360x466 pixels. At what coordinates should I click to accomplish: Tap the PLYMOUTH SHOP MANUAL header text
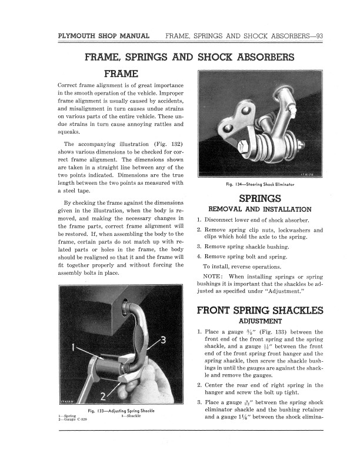pyautogui.click(x=104, y=36)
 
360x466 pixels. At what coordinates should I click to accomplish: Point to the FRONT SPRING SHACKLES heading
pyautogui.click(x=260, y=310)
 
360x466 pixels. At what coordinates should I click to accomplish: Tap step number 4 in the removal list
pyautogui.click(x=199, y=257)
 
